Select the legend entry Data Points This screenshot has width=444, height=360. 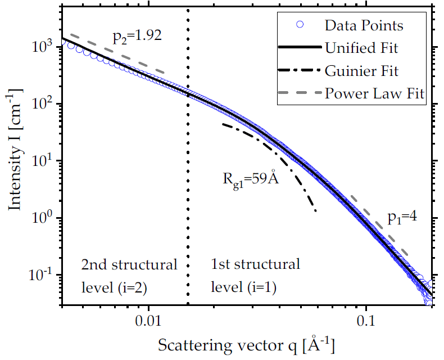[x=364, y=25]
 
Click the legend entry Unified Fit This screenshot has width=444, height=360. [x=361, y=48]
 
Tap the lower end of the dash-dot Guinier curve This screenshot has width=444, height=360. [x=316, y=211]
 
